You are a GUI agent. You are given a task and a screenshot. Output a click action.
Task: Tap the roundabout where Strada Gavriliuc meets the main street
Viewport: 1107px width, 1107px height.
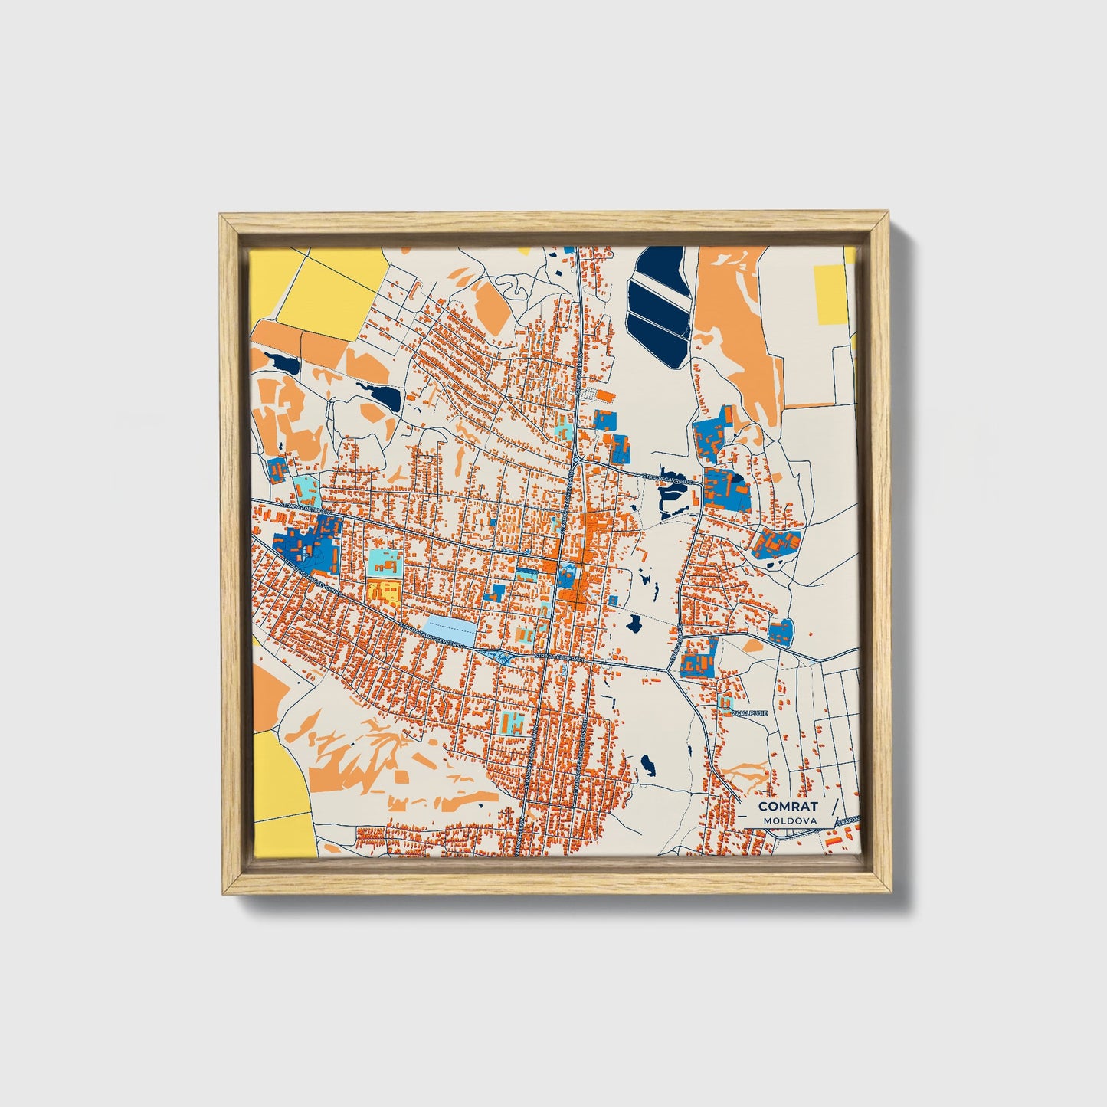click(x=575, y=462)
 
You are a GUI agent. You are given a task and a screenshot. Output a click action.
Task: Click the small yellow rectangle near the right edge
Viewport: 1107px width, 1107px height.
click(x=830, y=295)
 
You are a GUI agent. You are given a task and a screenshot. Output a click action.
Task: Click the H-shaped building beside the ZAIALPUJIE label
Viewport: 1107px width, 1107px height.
click(x=724, y=702)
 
